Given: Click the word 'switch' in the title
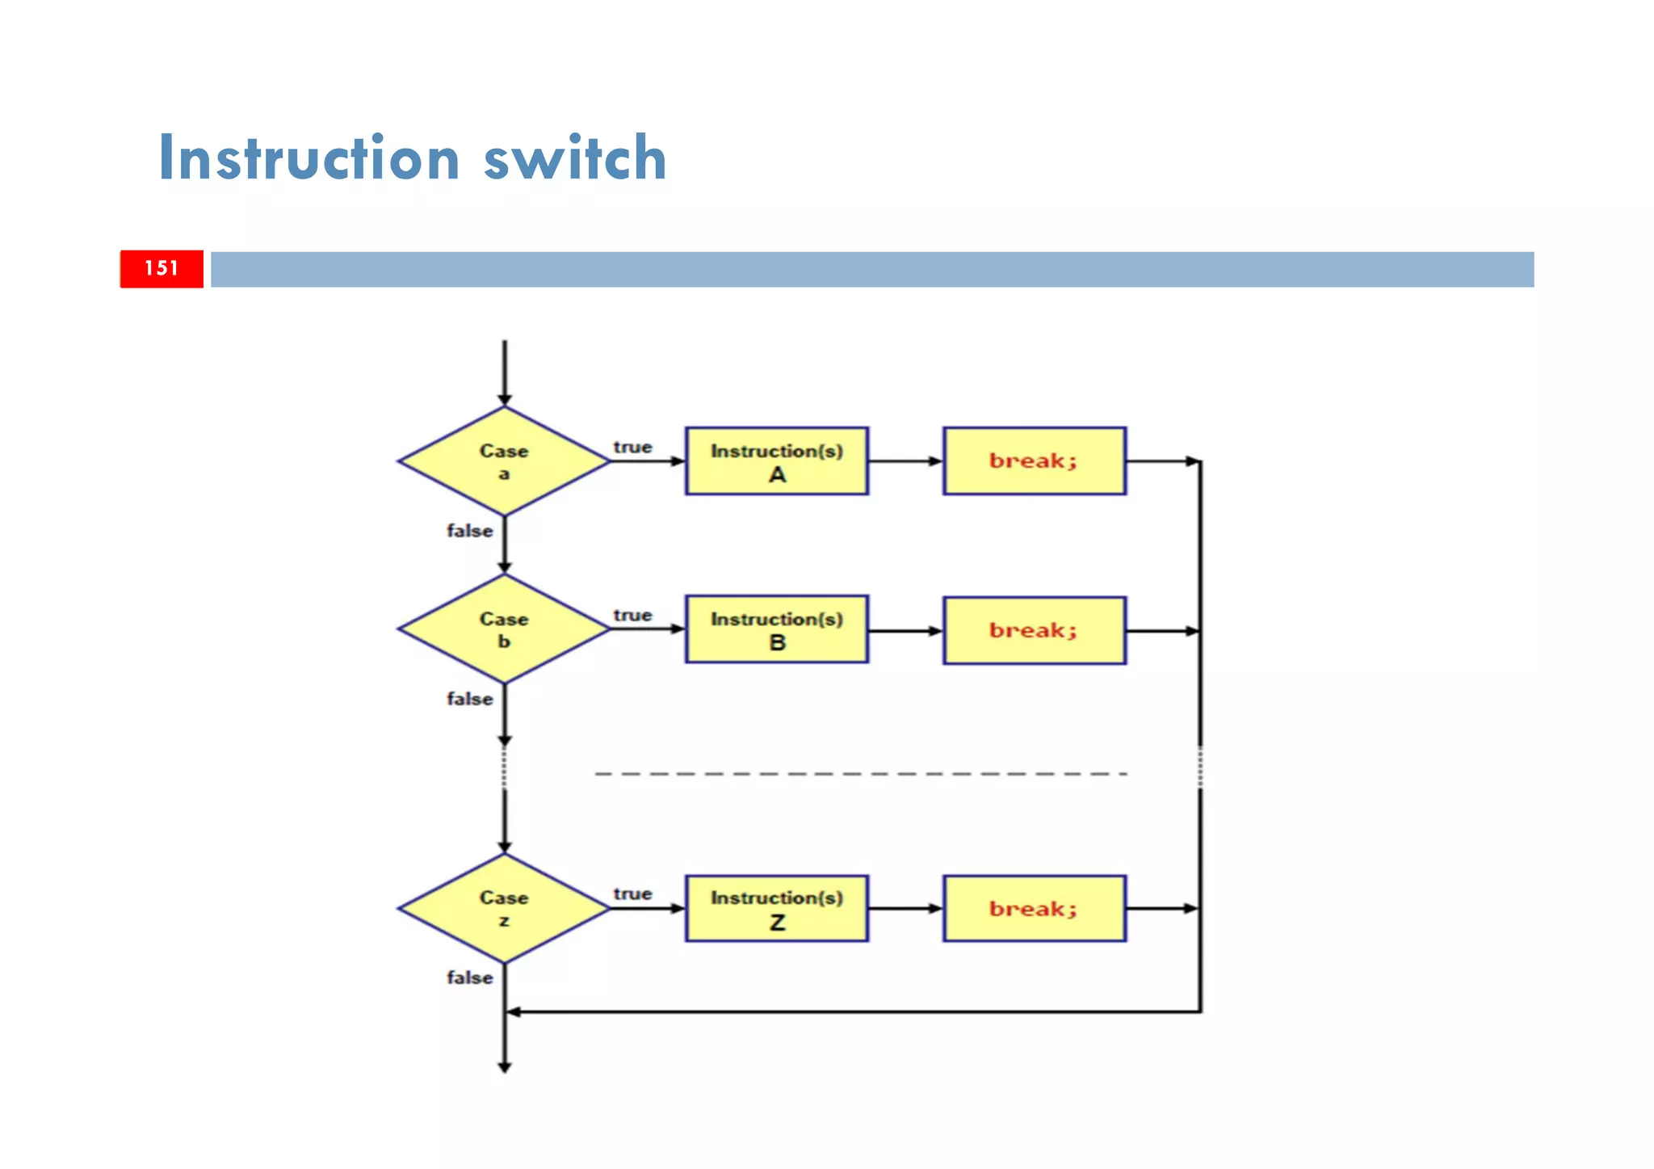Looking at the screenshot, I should click(574, 158).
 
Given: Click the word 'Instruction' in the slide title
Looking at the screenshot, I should click(309, 158).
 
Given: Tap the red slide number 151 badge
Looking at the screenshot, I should click(162, 268).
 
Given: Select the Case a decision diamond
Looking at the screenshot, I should click(504, 461).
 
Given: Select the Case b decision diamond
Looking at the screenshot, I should click(504, 629).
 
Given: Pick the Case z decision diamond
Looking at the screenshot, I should click(504, 908).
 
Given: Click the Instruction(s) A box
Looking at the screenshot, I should click(776, 461).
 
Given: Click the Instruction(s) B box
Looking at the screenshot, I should click(776, 629).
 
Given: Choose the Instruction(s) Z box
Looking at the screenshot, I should click(776, 908).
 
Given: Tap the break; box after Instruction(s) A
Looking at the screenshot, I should click(1034, 461).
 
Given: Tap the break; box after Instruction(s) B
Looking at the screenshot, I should click(1034, 630).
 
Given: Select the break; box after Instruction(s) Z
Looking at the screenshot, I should click(1034, 908).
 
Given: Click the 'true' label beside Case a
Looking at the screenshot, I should click(632, 447).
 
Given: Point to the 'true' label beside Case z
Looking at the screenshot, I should click(632, 894).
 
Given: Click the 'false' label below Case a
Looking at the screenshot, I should click(469, 531).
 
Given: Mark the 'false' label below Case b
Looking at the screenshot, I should click(469, 699).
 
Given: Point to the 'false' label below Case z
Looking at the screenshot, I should click(469, 978).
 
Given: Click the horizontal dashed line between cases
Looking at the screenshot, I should click(860, 774).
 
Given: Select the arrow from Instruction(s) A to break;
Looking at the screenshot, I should click(905, 461).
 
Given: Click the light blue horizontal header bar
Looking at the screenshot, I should click(872, 269).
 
